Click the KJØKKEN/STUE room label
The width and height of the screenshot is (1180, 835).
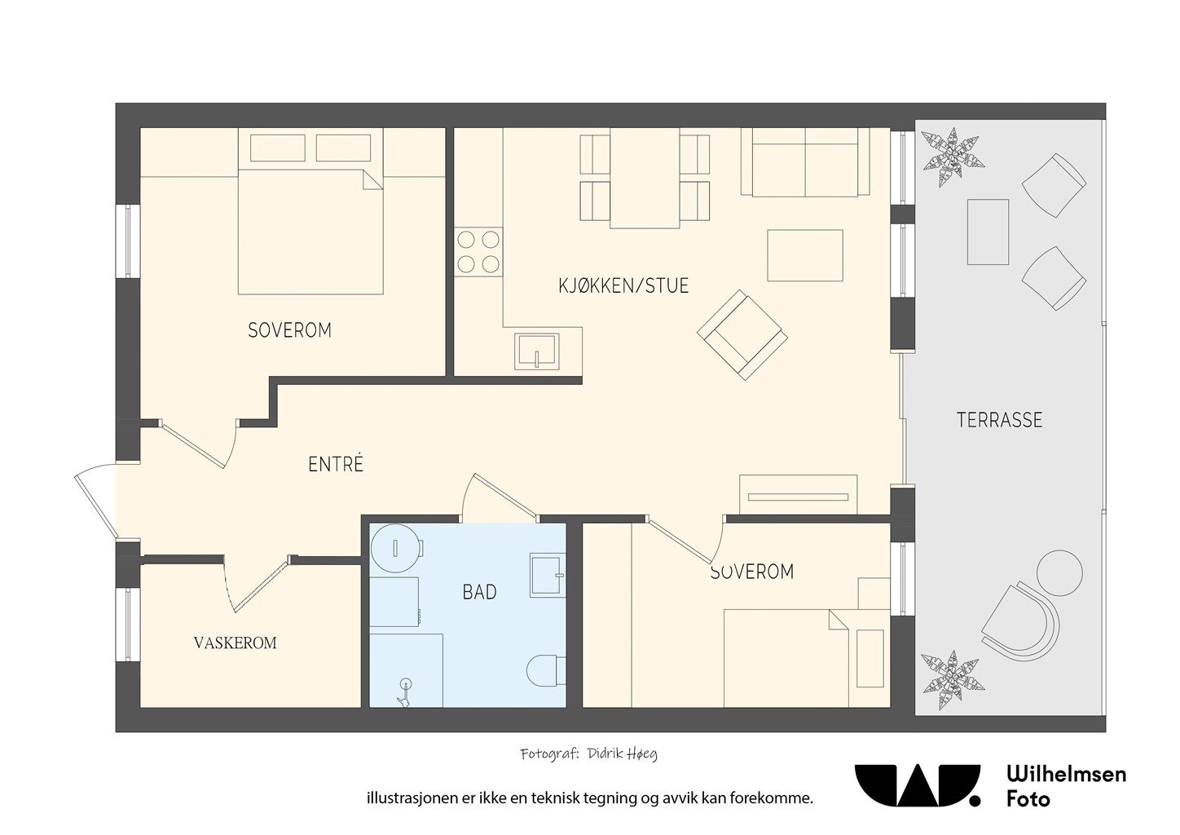click(x=623, y=285)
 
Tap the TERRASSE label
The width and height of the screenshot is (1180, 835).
click(x=999, y=420)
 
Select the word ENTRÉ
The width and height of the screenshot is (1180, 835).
click(x=336, y=464)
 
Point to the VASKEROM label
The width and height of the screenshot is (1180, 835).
click(x=235, y=643)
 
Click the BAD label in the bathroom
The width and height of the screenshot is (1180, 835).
click(x=479, y=593)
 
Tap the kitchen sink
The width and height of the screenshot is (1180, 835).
click(x=537, y=351)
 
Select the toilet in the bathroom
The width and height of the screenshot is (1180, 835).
click(x=546, y=670)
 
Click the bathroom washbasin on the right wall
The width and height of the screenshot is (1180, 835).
click(x=547, y=575)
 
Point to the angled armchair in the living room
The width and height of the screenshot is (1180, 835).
click(x=742, y=335)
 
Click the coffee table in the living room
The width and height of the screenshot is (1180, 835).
click(x=805, y=256)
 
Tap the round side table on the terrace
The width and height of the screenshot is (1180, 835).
click(x=1059, y=573)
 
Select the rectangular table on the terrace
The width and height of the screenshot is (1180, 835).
click(x=988, y=232)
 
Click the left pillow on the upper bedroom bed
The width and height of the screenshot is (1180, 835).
click(x=278, y=148)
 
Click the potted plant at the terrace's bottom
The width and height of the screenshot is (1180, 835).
click(x=953, y=680)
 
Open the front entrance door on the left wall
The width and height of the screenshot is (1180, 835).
click(x=95, y=503)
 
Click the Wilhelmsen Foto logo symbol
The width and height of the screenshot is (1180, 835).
click(x=918, y=786)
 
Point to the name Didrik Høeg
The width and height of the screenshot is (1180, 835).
click(x=623, y=754)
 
